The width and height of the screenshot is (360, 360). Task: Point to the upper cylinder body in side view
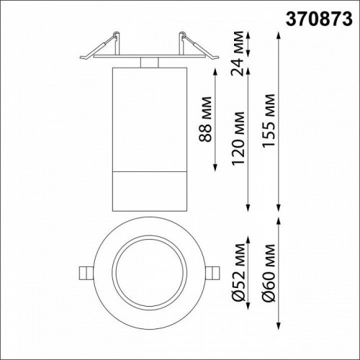click(x=148, y=119)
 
